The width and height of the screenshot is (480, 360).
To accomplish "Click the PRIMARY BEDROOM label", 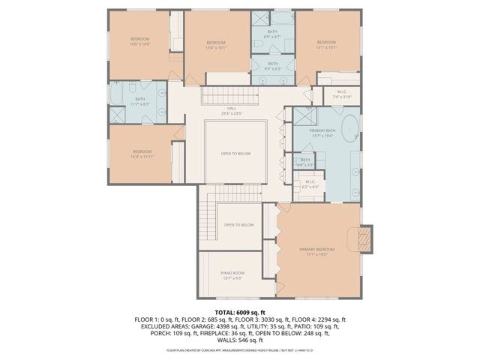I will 316,250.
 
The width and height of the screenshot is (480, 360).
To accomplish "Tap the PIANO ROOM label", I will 232,274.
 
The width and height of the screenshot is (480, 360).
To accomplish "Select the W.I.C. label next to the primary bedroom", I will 310,183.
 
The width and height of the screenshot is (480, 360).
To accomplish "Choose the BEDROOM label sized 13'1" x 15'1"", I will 326,43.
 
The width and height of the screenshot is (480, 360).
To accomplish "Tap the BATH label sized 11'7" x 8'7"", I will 140,100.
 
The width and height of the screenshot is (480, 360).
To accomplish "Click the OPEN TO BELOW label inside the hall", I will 235,154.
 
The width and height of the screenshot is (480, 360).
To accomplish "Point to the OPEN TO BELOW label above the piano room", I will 238,225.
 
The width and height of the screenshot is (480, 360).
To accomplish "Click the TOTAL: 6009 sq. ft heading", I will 240,312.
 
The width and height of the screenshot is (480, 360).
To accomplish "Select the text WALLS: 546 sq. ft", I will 240,340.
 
